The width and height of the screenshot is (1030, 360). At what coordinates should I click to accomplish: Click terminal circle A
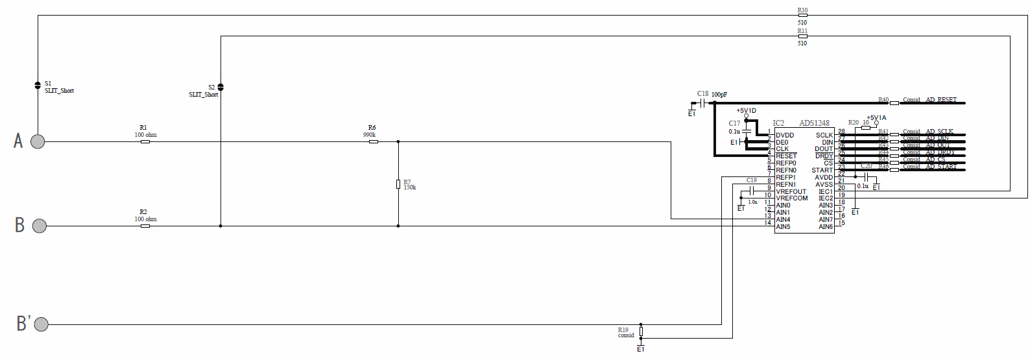tap(38, 141)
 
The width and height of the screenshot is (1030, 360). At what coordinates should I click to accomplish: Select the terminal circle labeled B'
tap(42, 324)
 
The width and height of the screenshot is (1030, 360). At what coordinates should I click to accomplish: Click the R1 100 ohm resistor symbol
tap(145, 141)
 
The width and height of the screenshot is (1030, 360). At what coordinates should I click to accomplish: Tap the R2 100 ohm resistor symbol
tap(145, 226)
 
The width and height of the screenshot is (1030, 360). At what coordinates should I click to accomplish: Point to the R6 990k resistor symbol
tap(374, 141)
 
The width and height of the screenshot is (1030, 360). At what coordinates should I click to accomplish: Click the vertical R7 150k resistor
tap(398, 184)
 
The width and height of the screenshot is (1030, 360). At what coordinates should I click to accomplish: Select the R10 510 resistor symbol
tap(802, 16)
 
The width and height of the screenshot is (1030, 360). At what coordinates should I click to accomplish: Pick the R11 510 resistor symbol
tap(802, 36)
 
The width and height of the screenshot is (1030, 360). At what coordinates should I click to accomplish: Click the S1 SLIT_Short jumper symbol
tap(38, 86)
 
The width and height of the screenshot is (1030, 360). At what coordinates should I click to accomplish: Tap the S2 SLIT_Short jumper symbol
tap(221, 87)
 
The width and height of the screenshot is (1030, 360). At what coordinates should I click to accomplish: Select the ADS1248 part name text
tap(814, 123)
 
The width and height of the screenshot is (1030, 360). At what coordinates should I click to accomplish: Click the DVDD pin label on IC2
tap(785, 136)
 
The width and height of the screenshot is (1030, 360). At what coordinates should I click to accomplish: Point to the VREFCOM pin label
tap(792, 198)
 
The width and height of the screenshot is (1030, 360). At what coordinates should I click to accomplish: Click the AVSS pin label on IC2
tap(824, 185)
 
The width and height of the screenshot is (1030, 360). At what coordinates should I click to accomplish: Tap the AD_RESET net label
tap(941, 100)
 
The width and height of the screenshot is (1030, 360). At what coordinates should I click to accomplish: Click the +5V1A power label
tap(876, 118)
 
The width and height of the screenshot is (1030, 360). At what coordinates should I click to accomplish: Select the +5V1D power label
tap(746, 111)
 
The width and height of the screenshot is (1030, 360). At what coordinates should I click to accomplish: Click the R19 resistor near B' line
tap(641, 331)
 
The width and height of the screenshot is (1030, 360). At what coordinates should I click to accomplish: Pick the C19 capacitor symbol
tap(752, 191)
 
